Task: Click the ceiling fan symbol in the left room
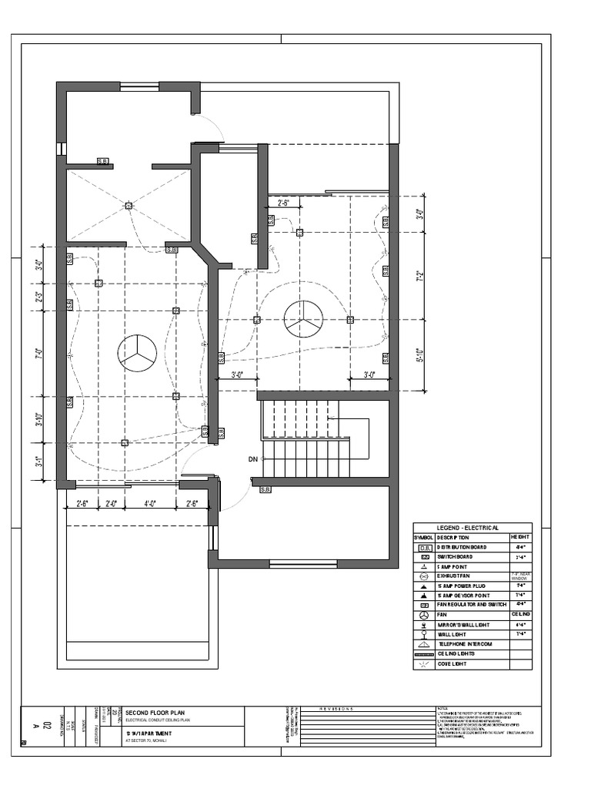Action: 137,353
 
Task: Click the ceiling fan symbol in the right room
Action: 303,319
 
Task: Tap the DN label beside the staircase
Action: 252,459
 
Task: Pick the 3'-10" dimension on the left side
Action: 39,420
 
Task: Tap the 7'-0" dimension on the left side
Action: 39,354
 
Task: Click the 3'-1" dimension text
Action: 39,464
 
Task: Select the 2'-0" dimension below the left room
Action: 111,504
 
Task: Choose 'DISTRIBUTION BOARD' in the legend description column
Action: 462,546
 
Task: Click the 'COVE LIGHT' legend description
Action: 453,663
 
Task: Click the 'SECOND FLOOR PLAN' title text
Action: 155,712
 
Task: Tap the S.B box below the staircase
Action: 265,489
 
